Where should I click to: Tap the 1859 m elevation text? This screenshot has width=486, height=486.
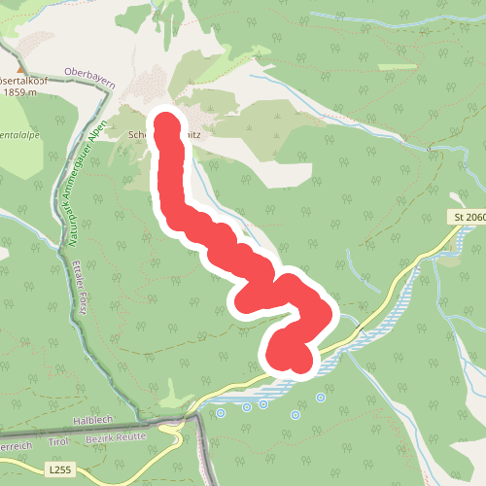pos(26,93)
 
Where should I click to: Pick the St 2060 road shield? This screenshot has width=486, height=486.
pos(469,216)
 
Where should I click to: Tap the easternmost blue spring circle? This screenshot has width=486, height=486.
pos(321,397)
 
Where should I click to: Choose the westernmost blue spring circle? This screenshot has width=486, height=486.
pos(220,413)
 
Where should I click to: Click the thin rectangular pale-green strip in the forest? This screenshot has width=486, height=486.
pos(395,68)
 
